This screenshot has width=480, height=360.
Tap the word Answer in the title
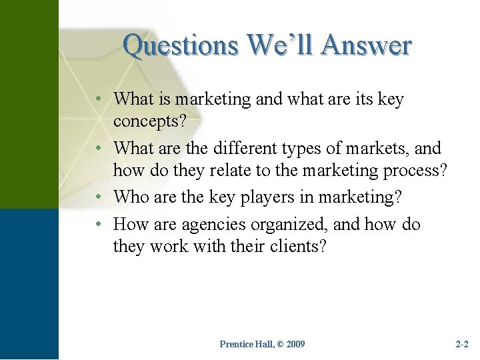366,46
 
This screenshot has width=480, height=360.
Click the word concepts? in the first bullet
149,121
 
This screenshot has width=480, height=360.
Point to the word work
169,247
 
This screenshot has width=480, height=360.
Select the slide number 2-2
462,344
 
